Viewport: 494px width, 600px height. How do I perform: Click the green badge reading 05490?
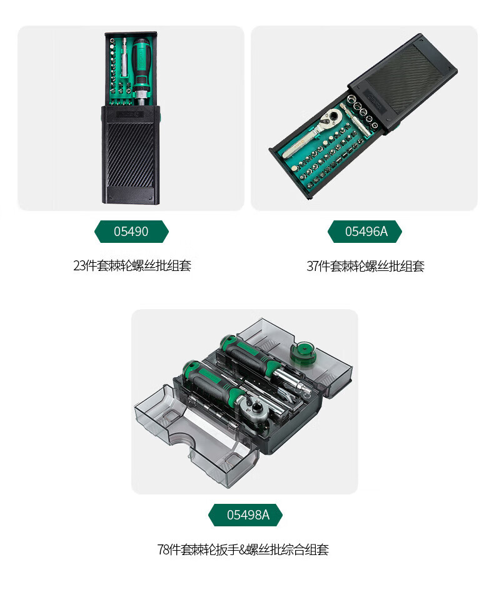click(131, 232)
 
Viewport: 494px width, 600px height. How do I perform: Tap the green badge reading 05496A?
click(365, 232)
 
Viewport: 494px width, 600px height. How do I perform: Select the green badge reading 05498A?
click(246, 515)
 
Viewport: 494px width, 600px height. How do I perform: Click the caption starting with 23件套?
click(132, 265)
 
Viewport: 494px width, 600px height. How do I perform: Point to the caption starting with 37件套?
click(365, 265)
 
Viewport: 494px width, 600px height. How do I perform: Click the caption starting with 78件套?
click(243, 549)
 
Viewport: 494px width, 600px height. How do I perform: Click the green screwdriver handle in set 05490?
click(141, 61)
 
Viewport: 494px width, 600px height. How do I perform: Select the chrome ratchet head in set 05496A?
click(331, 116)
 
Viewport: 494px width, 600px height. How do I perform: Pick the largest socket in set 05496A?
click(352, 100)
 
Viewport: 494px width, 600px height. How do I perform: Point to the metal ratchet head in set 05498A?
click(251, 406)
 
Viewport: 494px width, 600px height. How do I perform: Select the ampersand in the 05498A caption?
click(243, 550)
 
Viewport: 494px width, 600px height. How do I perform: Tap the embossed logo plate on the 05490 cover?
click(130, 114)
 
